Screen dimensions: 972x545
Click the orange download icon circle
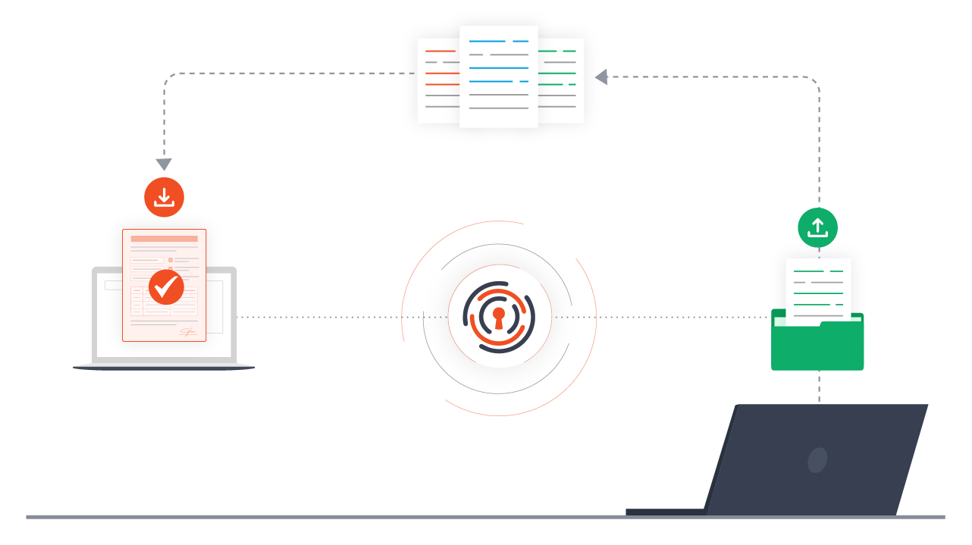165,197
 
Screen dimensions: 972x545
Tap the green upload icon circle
817,227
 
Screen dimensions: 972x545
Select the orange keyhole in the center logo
498,317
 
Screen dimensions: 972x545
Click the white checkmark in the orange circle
166,287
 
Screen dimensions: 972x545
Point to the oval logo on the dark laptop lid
817,460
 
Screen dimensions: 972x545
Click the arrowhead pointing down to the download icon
164,164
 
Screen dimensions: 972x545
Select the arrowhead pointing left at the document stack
601,77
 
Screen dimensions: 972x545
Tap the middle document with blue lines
499,76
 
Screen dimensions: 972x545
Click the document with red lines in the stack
437,80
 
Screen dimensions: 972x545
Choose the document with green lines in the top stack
562,80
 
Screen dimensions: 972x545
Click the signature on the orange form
188,332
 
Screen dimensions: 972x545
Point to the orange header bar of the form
164,239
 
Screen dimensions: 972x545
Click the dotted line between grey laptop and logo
318,317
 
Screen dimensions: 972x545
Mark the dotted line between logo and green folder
667,317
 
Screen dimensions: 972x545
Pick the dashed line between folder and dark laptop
819,387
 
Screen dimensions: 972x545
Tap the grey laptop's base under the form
164,368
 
